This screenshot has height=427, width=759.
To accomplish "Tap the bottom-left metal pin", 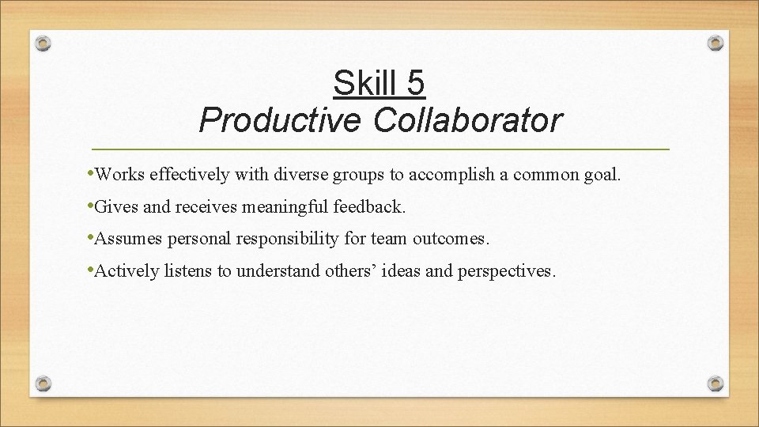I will coord(44,383).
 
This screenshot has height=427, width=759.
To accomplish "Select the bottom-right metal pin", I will coord(715,383).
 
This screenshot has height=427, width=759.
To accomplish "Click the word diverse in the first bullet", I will coord(317,175).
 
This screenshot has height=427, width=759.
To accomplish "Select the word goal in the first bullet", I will coord(602,175).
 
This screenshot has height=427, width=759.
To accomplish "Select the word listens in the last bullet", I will coord(188,272).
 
